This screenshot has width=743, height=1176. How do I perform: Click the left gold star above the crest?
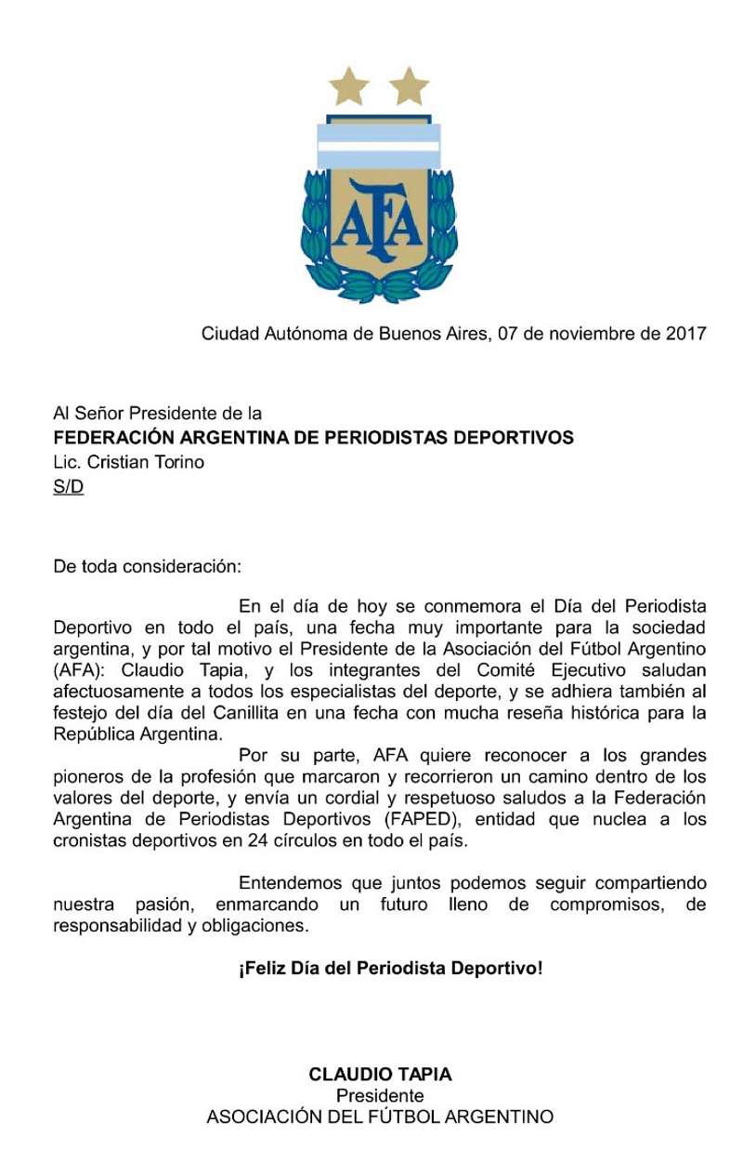(351, 86)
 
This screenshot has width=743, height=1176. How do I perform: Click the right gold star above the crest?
(409, 86)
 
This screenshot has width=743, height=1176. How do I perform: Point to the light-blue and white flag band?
(379, 145)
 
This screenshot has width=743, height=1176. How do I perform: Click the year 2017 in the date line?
(685, 333)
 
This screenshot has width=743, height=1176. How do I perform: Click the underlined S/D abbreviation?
(68, 486)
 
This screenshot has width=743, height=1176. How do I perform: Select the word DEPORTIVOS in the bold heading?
(514, 437)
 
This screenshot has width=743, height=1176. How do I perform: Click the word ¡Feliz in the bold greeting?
(263, 969)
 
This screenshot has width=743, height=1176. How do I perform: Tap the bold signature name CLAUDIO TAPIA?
(380, 1075)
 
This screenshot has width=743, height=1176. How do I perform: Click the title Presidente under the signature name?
(380, 1096)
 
